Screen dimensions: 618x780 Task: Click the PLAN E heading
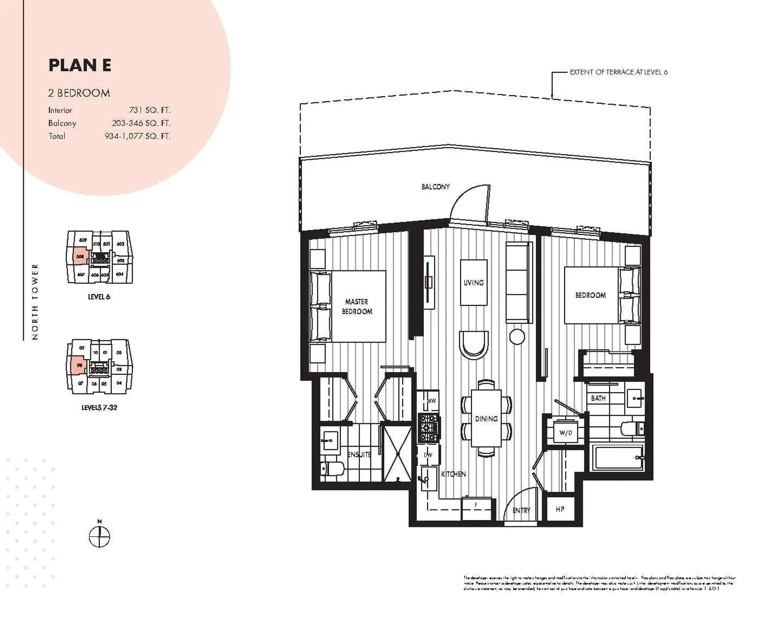point(80,65)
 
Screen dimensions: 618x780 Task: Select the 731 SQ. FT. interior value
point(149,110)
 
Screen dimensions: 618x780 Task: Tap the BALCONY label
point(435,187)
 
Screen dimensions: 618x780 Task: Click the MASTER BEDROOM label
point(357,307)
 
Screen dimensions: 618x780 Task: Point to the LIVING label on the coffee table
point(474,283)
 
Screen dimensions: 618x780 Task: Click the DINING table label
point(486,419)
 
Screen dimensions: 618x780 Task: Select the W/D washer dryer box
point(565,433)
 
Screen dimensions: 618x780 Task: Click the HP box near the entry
point(560,509)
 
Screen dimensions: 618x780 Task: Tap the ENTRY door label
point(521,510)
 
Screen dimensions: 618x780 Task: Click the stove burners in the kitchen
point(429,428)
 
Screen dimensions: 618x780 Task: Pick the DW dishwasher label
point(428,455)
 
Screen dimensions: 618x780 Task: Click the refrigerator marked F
point(476,509)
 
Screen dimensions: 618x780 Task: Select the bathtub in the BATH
point(617,457)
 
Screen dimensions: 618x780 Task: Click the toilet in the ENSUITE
point(331,469)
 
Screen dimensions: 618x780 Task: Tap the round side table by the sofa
point(517,337)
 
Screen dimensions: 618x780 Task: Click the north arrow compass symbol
point(99,537)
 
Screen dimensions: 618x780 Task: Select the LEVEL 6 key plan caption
point(99,297)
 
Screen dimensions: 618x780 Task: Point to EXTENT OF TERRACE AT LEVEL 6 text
point(618,72)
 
